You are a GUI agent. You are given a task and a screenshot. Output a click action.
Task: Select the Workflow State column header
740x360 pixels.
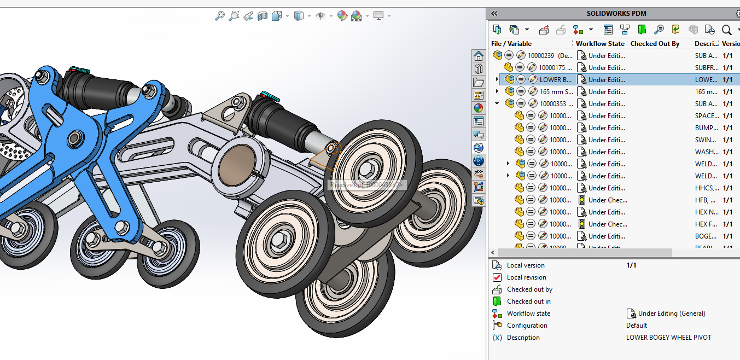click(x=599, y=44)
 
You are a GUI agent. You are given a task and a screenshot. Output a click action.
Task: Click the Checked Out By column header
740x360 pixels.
click(x=655, y=44)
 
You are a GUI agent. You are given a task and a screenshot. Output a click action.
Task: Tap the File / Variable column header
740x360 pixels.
click(x=511, y=44)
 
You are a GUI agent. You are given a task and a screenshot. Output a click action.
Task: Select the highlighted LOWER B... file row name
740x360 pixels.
click(x=555, y=80)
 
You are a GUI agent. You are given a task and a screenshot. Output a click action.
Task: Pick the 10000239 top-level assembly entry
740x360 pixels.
click(x=550, y=56)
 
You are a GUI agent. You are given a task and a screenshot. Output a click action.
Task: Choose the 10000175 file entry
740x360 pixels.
click(x=555, y=68)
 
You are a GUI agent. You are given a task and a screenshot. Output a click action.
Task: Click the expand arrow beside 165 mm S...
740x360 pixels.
click(x=497, y=92)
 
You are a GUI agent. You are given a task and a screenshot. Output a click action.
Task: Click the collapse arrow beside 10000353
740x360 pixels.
click(x=497, y=104)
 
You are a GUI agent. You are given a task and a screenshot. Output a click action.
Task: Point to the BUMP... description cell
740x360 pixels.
click(x=706, y=128)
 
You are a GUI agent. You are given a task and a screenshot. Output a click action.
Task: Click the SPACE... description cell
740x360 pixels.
click(x=706, y=116)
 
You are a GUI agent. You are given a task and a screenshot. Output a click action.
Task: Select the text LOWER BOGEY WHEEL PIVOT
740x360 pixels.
click(x=668, y=338)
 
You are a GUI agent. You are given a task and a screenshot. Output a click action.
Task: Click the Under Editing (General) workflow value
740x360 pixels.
click(x=672, y=313)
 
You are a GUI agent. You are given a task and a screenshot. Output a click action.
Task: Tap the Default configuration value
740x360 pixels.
click(x=637, y=326)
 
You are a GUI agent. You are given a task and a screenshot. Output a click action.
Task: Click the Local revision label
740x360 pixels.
click(x=526, y=277)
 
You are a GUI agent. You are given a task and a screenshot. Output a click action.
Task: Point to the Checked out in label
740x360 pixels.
click(x=528, y=301)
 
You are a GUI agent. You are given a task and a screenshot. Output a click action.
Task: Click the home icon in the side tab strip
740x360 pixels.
click(x=479, y=56)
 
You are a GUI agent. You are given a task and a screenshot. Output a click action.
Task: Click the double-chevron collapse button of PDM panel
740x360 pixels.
click(x=494, y=14)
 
